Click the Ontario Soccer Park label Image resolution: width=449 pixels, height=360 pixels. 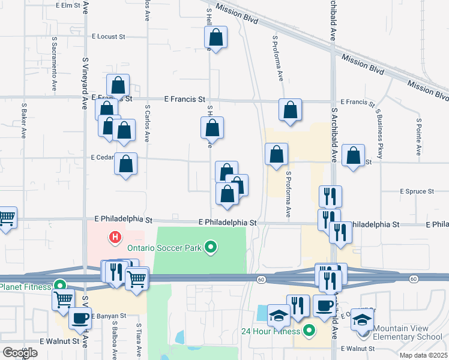click(163, 247)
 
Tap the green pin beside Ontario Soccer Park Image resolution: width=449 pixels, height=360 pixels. click(211, 247)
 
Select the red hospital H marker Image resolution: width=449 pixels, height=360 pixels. click(115, 238)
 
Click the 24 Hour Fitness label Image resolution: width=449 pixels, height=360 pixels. click(270, 331)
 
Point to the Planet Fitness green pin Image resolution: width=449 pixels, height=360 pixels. click(59, 286)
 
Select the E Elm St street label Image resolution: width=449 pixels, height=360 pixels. click(67, 5)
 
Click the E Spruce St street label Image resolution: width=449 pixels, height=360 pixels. click(417, 191)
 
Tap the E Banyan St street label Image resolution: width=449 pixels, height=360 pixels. click(109, 316)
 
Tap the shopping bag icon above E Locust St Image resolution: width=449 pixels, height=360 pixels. click(216, 38)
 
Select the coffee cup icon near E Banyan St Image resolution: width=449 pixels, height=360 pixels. click(80, 319)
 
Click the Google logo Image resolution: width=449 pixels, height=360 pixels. click(20, 353)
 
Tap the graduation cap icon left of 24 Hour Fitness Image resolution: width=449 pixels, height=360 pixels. click(279, 314)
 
